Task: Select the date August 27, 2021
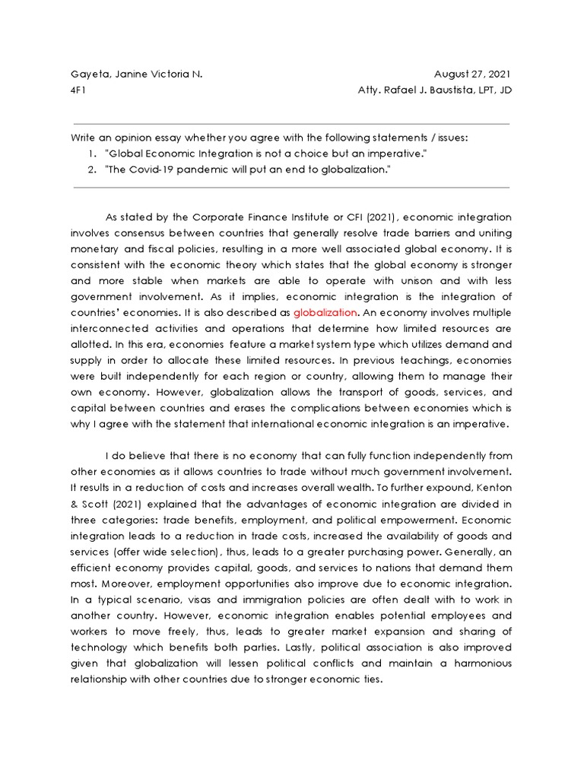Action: pos(472,74)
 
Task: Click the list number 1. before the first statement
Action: pos(91,154)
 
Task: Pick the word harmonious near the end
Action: pos(476,663)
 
